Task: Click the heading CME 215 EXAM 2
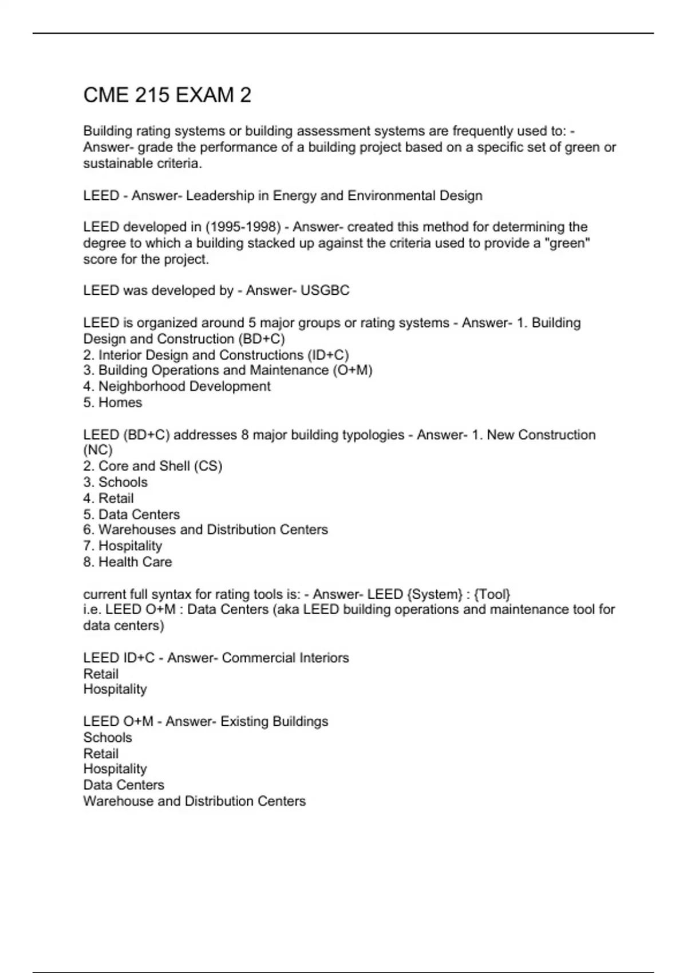(167, 95)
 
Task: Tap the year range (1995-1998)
(243, 227)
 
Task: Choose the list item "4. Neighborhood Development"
(177, 386)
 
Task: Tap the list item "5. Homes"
(113, 402)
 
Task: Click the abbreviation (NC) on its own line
(98, 450)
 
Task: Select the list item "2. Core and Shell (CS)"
(153, 466)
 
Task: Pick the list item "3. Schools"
(116, 482)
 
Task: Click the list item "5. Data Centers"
(132, 514)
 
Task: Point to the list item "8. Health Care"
(128, 562)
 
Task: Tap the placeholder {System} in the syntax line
(434, 594)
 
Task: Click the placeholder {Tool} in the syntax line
(492, 594)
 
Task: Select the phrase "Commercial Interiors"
(285, 658)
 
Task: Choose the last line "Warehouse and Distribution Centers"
(195, 801)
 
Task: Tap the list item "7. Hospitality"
(123, 546)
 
